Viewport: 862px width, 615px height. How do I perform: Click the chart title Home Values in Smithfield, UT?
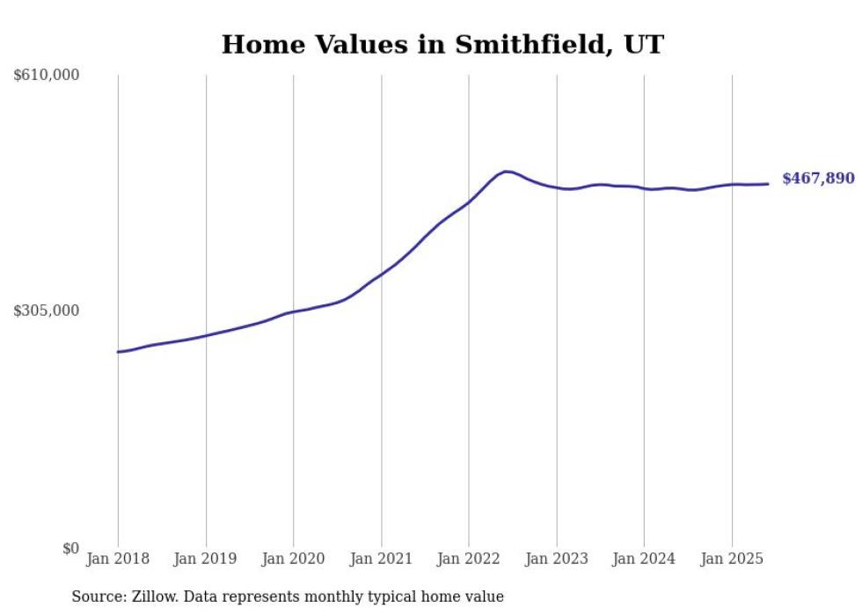(442, 44)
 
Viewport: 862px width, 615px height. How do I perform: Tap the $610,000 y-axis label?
(47, 76)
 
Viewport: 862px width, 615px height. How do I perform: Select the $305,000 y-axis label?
(47, 311)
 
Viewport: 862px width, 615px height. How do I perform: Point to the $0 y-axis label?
(70, 548)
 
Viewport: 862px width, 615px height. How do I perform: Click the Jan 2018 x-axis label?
(118, 559)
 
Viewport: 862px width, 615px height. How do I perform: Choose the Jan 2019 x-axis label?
(206, 559)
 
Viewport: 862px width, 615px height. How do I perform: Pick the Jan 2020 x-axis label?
(293, 559)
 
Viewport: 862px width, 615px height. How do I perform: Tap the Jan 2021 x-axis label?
(381, 559)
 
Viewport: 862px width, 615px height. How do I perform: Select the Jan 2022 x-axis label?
(469, 559)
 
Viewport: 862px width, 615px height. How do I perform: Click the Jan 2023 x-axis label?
(556, 559)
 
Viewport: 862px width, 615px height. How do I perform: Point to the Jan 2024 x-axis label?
(644, 559)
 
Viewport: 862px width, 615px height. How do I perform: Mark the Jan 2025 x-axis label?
(732, 559)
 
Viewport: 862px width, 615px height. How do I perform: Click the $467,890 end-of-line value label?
(818, 179)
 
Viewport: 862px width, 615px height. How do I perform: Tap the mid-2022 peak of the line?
(506, 172)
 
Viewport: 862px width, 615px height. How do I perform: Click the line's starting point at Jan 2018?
(118, 352)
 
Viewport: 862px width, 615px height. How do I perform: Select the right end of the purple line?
(768, 184)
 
